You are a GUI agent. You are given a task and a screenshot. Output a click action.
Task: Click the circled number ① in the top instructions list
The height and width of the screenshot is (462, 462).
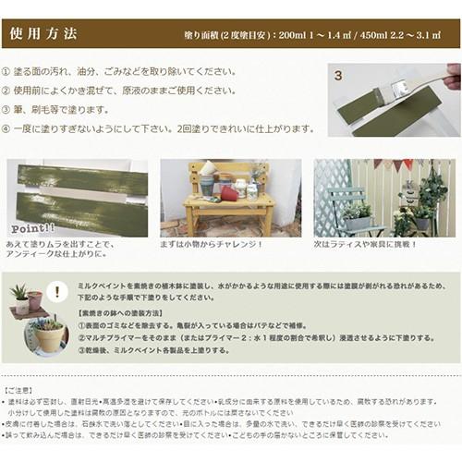tap(7, 71)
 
